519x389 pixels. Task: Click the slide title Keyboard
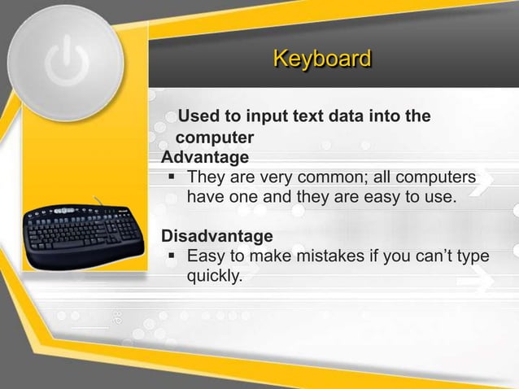point(322,59)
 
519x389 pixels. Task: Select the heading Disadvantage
point(217,237)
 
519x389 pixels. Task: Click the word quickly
point(215,278)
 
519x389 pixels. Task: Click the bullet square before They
point(170,177)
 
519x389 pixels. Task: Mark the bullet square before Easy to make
point(170,257)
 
